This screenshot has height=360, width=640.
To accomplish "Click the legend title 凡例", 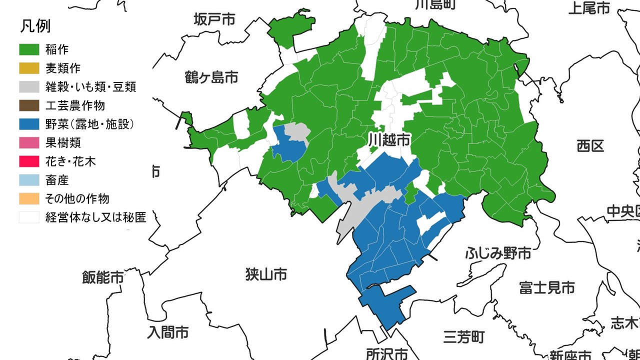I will pos(35,26).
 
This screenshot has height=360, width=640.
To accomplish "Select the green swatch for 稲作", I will pos(29,49).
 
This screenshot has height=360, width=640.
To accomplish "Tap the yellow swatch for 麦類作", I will pos(29,68).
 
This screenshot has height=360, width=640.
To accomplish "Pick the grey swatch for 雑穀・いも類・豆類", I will pos(29,86).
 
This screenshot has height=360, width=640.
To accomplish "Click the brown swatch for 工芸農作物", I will pos(29,105).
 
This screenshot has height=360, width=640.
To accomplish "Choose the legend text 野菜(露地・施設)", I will pos(89,124).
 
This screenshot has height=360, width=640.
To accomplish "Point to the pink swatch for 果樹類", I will pos(29,143).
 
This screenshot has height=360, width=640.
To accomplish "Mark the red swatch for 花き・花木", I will pos(29,161).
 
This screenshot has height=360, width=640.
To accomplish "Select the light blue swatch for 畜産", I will pos(29,180).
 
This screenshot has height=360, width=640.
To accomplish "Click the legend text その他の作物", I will pos(77,198).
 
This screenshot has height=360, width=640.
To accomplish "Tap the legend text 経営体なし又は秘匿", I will pos(95,217).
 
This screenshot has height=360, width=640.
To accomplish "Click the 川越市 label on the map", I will pos(389,139).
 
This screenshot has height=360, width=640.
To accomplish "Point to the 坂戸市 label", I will pos(214,19).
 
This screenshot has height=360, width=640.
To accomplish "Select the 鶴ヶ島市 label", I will pos(211,77).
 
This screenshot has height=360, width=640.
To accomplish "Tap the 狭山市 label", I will pos(266,274).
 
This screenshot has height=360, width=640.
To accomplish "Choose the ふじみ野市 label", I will pos(498,253).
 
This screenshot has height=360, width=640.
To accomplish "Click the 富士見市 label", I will pos(546,287).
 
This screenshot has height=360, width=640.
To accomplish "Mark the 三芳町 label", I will pos(463,336).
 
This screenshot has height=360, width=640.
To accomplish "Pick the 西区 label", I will pos(590,146).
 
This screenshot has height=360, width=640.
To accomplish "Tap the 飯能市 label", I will pos(103,277).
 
